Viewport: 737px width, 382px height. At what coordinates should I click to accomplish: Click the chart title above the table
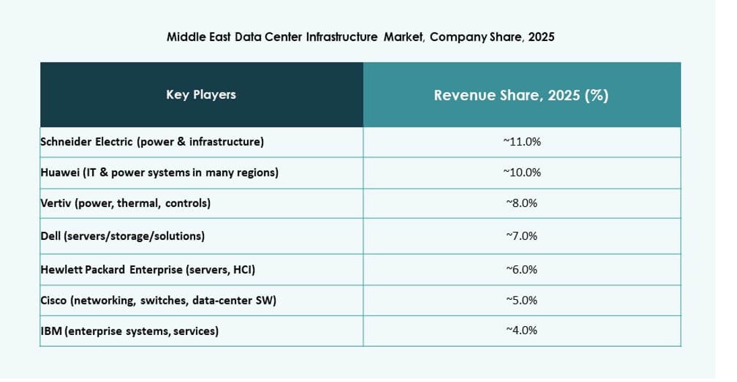pos(360,38)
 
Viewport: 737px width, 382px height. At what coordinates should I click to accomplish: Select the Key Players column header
pos(201,95)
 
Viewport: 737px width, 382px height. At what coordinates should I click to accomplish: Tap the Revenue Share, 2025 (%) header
pos(521,96)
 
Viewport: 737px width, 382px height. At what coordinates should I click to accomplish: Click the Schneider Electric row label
pos(152,142)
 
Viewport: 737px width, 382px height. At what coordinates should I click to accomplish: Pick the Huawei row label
pos(160,172)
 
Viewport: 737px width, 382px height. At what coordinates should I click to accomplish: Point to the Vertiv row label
pos(126,203)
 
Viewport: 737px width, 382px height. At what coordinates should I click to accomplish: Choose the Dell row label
pos(122,236)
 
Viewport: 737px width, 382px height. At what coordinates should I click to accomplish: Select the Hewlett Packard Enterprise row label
pos(147,269)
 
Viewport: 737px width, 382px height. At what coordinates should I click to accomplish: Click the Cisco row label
pos(159,301)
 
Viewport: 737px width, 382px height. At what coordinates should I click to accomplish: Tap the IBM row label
pos(129,331)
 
